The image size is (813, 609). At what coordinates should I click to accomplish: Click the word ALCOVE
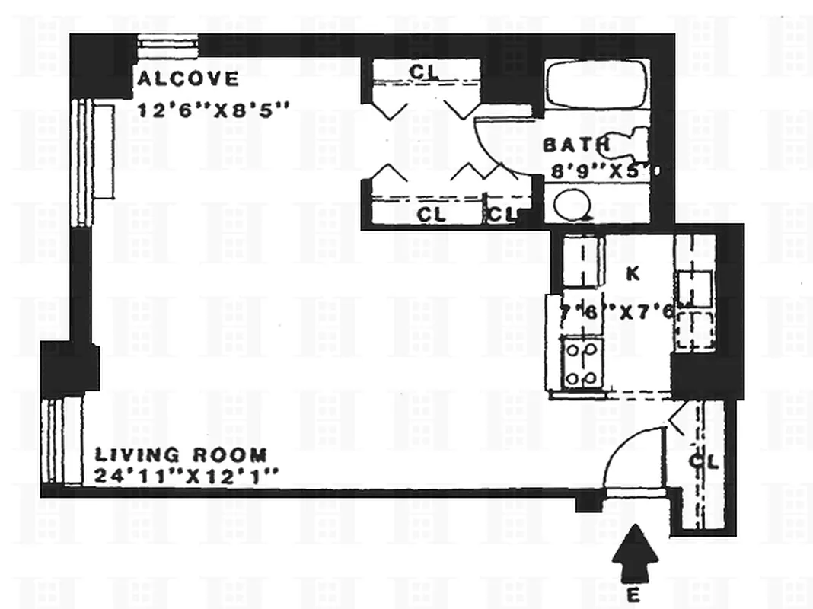tap(187, 78)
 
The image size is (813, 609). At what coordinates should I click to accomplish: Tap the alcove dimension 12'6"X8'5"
tap(213, 109)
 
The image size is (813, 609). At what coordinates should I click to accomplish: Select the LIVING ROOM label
tap(180, 455)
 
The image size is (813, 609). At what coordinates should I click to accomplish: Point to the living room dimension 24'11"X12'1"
tap(187, 477)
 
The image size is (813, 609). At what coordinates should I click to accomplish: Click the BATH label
tap(575, 145)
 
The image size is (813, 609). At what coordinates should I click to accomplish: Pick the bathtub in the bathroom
tap(597, 84)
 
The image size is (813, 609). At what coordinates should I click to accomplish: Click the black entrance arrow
tap(635, 556)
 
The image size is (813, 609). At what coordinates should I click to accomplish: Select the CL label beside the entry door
tap(704, 462)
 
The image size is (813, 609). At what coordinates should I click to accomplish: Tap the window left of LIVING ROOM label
tap(62, 440)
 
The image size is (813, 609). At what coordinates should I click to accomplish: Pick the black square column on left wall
tap(70, 368)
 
